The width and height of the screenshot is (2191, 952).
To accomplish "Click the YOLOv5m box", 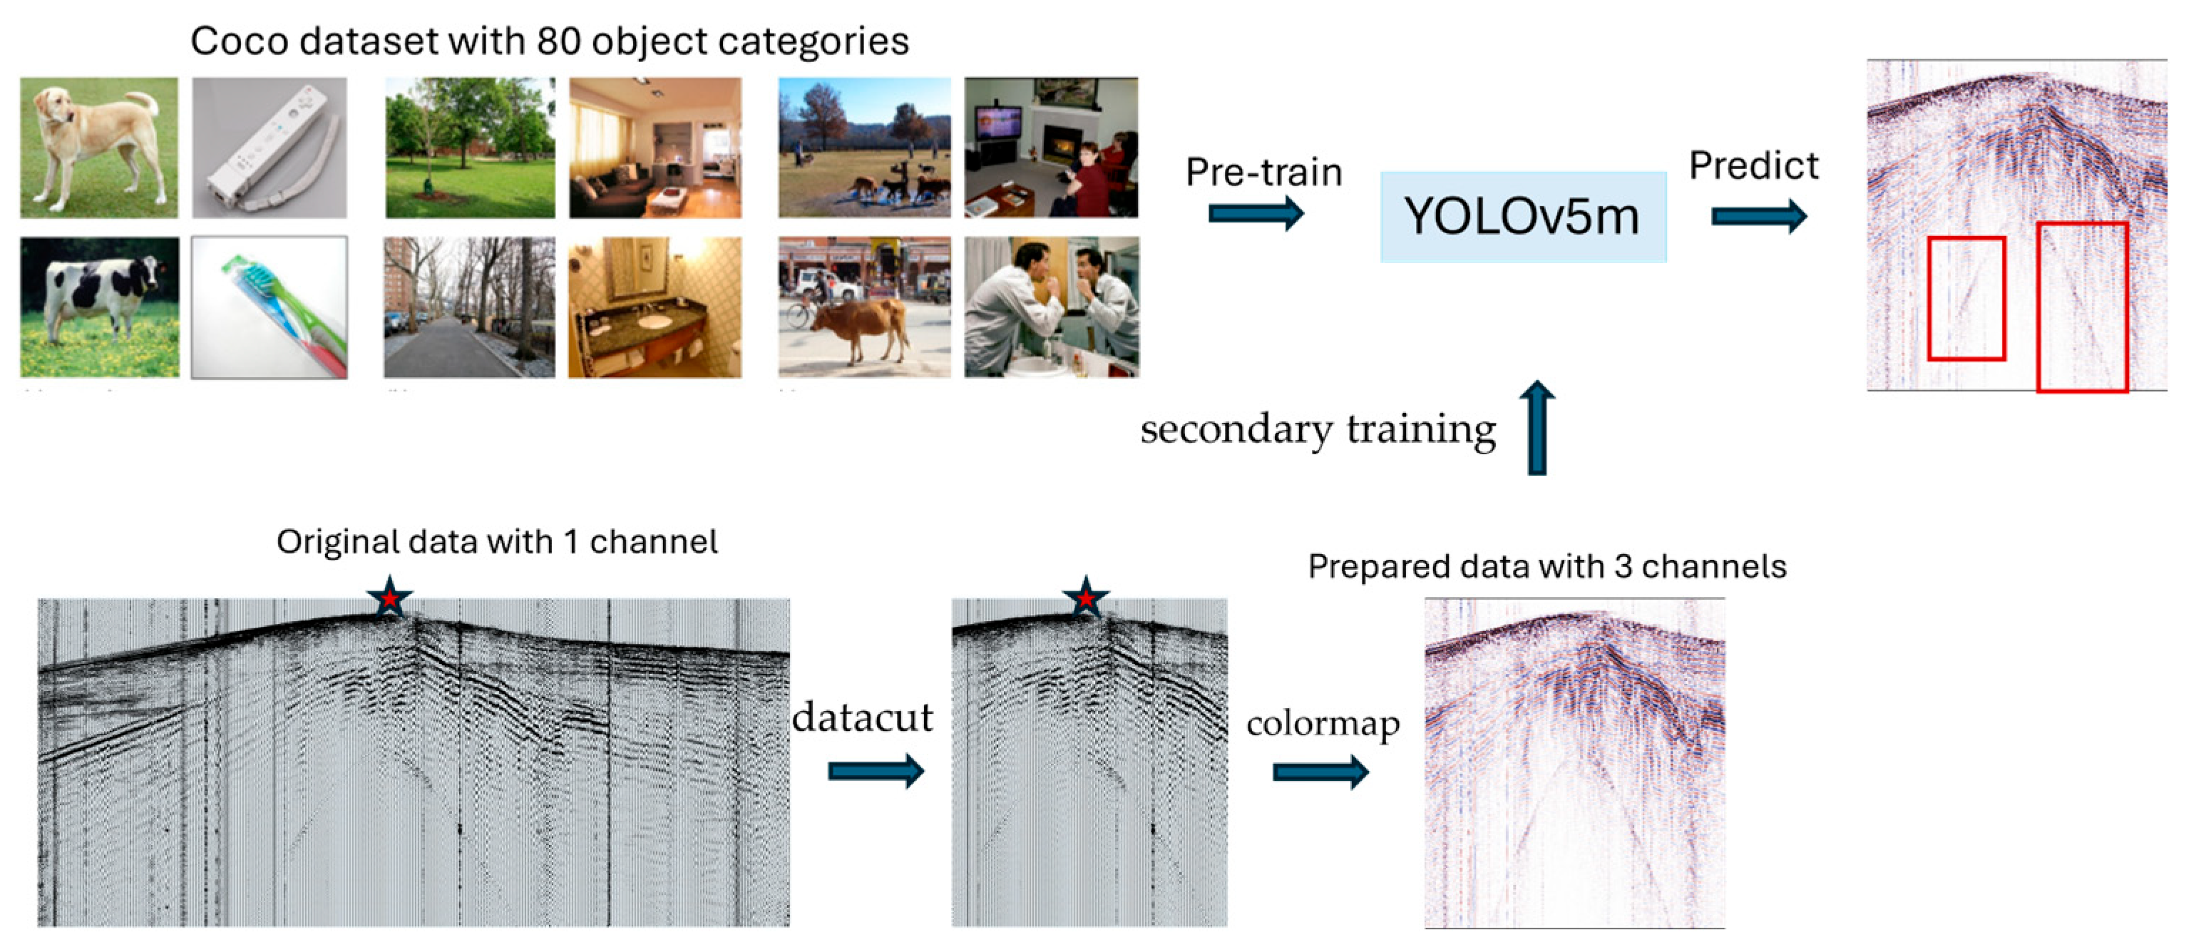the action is coord(1522,216).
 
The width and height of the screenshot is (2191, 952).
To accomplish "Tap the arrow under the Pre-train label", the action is coord(1256,213).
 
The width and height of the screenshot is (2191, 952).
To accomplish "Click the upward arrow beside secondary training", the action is coord(1537,427).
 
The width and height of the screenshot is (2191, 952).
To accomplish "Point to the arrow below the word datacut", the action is coord(876,771).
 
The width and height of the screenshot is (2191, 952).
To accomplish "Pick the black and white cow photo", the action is coord(100,307).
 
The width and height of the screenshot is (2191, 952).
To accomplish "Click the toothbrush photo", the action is coord(270,307).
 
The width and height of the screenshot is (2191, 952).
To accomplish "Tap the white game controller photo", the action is coord(270,148).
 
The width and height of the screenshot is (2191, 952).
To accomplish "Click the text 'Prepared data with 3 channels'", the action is coord(1547,567).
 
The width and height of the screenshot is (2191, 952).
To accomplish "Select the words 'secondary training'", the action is coord(1318,429).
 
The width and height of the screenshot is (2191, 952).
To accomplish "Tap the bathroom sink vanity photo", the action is coord(655,307).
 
